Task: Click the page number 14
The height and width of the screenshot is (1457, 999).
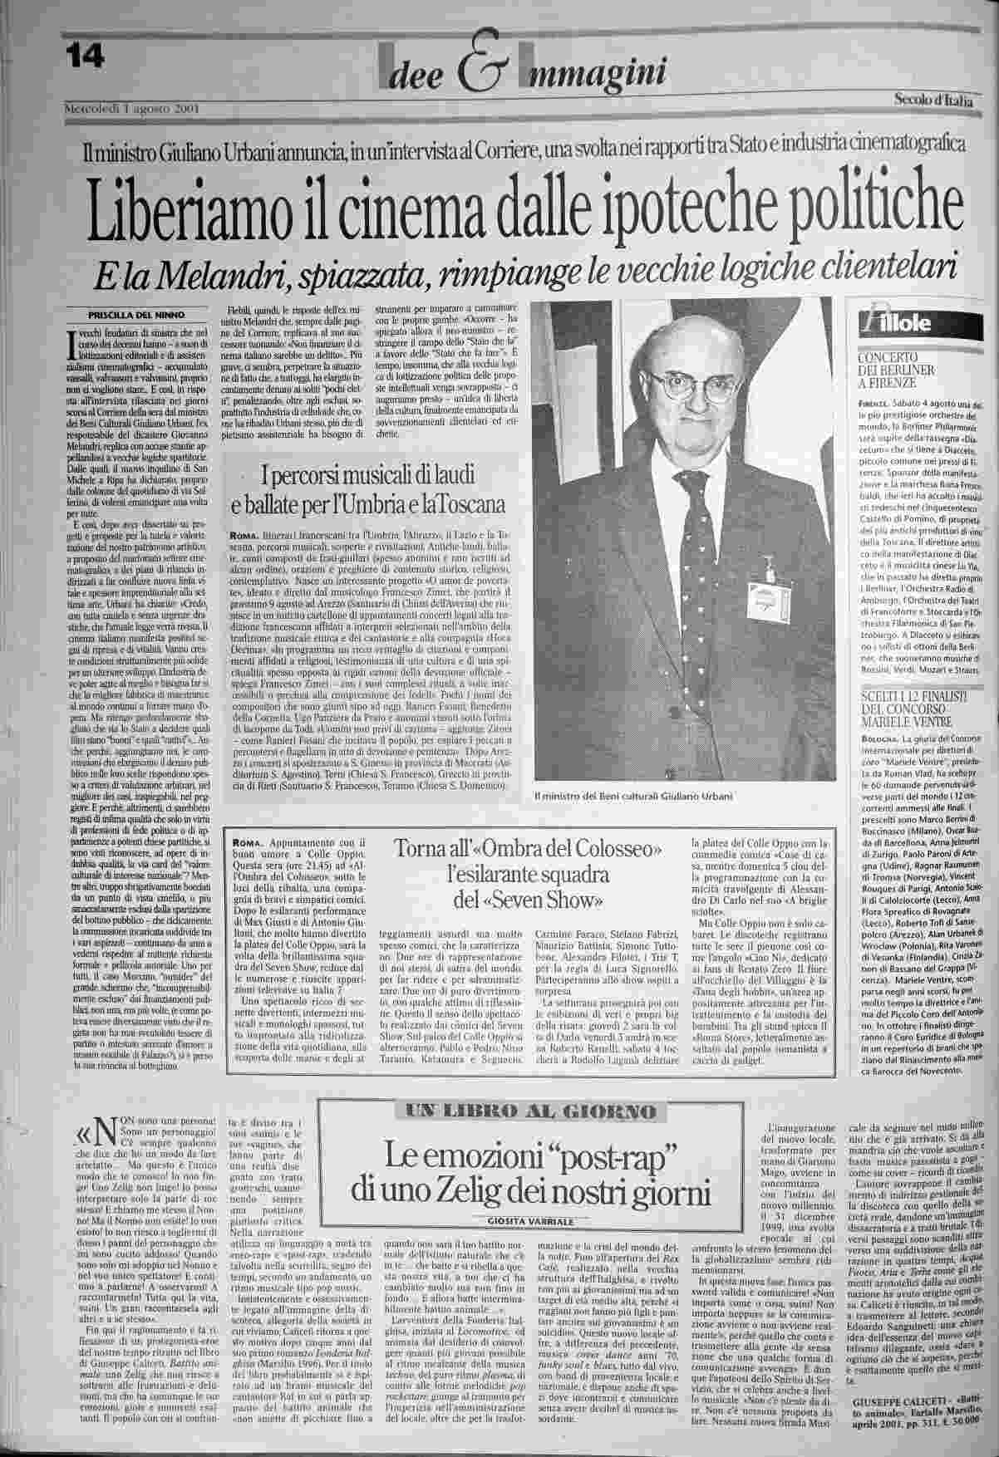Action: (84, 56)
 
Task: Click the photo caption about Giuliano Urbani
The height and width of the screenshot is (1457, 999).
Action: (637, 797)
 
